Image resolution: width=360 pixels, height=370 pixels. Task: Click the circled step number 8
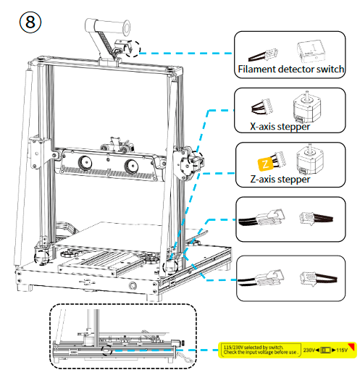tap(28, 22)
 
